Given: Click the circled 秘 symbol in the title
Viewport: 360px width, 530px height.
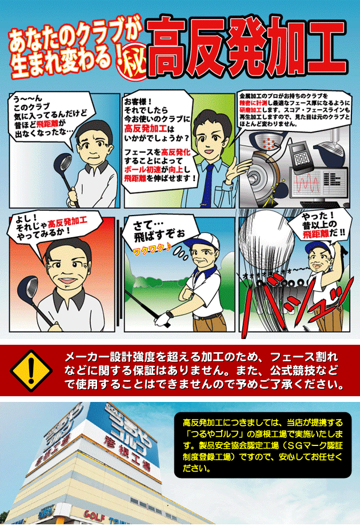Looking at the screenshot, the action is (133, 64).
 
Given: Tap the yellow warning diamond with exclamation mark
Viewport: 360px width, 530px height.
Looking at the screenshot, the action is (31, 371).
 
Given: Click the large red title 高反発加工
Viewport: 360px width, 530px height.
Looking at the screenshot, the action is (247, 47).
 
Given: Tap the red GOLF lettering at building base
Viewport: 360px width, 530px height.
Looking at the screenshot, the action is (94, 515).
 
